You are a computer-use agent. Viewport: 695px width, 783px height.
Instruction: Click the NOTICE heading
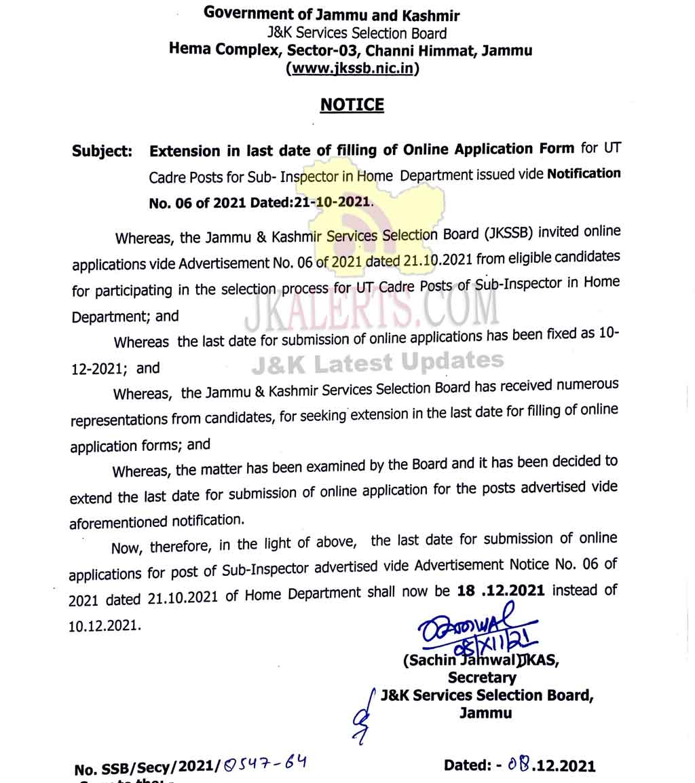click(x=352, y=105)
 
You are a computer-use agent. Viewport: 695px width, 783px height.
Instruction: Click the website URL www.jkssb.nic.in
click(x=352, y=68)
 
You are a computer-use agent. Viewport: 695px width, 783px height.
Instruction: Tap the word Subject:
click(x=102, y=151)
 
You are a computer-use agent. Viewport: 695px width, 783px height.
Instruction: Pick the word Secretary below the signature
click(x=482, y=677)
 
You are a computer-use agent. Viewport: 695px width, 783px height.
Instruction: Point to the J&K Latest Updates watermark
click(x=377, y=363)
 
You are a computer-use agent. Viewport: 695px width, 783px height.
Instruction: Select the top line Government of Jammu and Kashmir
click(x=332, y=14)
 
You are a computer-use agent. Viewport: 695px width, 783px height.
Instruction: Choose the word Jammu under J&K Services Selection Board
click(x=485, y=713)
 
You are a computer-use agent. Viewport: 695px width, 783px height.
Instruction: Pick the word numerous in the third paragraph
click(x=588, y=385)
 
